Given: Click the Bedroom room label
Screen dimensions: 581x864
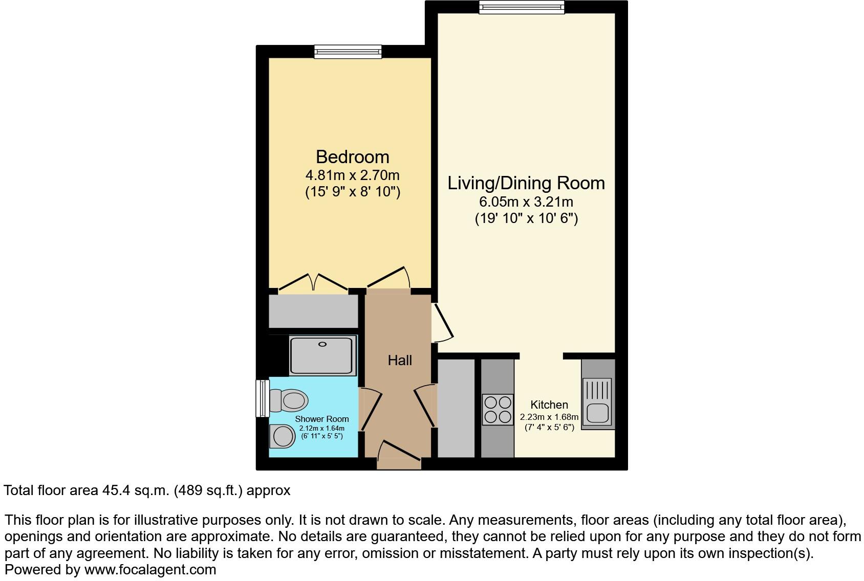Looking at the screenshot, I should click(352, 157).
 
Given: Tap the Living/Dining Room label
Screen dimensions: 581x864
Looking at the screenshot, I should click(526, 183).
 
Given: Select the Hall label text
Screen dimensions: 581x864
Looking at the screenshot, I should click(400, 361).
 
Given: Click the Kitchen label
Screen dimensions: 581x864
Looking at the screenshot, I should click(549, 405).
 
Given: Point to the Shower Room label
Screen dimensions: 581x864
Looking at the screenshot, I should click(322, 419).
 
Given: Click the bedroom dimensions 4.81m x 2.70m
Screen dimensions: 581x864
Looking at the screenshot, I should click(352, 175).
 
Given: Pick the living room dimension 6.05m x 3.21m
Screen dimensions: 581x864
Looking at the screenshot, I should click(526, 202).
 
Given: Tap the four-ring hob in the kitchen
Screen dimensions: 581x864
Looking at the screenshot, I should click(498, 410).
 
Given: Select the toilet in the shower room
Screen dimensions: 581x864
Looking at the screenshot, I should click(288, 400).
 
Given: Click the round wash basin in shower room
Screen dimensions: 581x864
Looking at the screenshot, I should click(282, 436).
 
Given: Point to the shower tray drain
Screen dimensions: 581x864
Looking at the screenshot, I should click(322, 344).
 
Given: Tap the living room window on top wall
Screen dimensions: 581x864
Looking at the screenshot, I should click(522, 7).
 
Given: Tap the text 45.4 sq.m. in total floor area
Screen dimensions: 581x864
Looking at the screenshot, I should click(136, 490).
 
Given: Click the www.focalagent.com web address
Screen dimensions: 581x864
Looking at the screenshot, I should click(150, 570).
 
